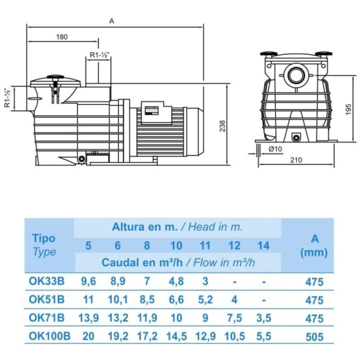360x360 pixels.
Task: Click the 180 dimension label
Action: pyautogui.click(x=62, y=37)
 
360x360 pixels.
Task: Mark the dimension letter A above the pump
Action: pyautogui.click(x=111, y=21)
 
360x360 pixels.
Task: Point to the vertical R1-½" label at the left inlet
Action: pyautogui.click(x=7, y=98)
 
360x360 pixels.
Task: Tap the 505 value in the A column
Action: pyautogui.click(x=315, y=336)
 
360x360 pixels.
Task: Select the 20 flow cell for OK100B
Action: pyautogui.click(x=89, y=336)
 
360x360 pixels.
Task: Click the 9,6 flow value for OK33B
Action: pyautogui.click(x=89, y=281)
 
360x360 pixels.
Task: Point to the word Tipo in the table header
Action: pyautogui.click(x=44, y=238)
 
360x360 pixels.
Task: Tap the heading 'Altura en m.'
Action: pyautogui.click(x=144, y=227)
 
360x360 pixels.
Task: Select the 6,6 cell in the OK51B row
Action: pyautogui.click(x=176, y=300)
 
